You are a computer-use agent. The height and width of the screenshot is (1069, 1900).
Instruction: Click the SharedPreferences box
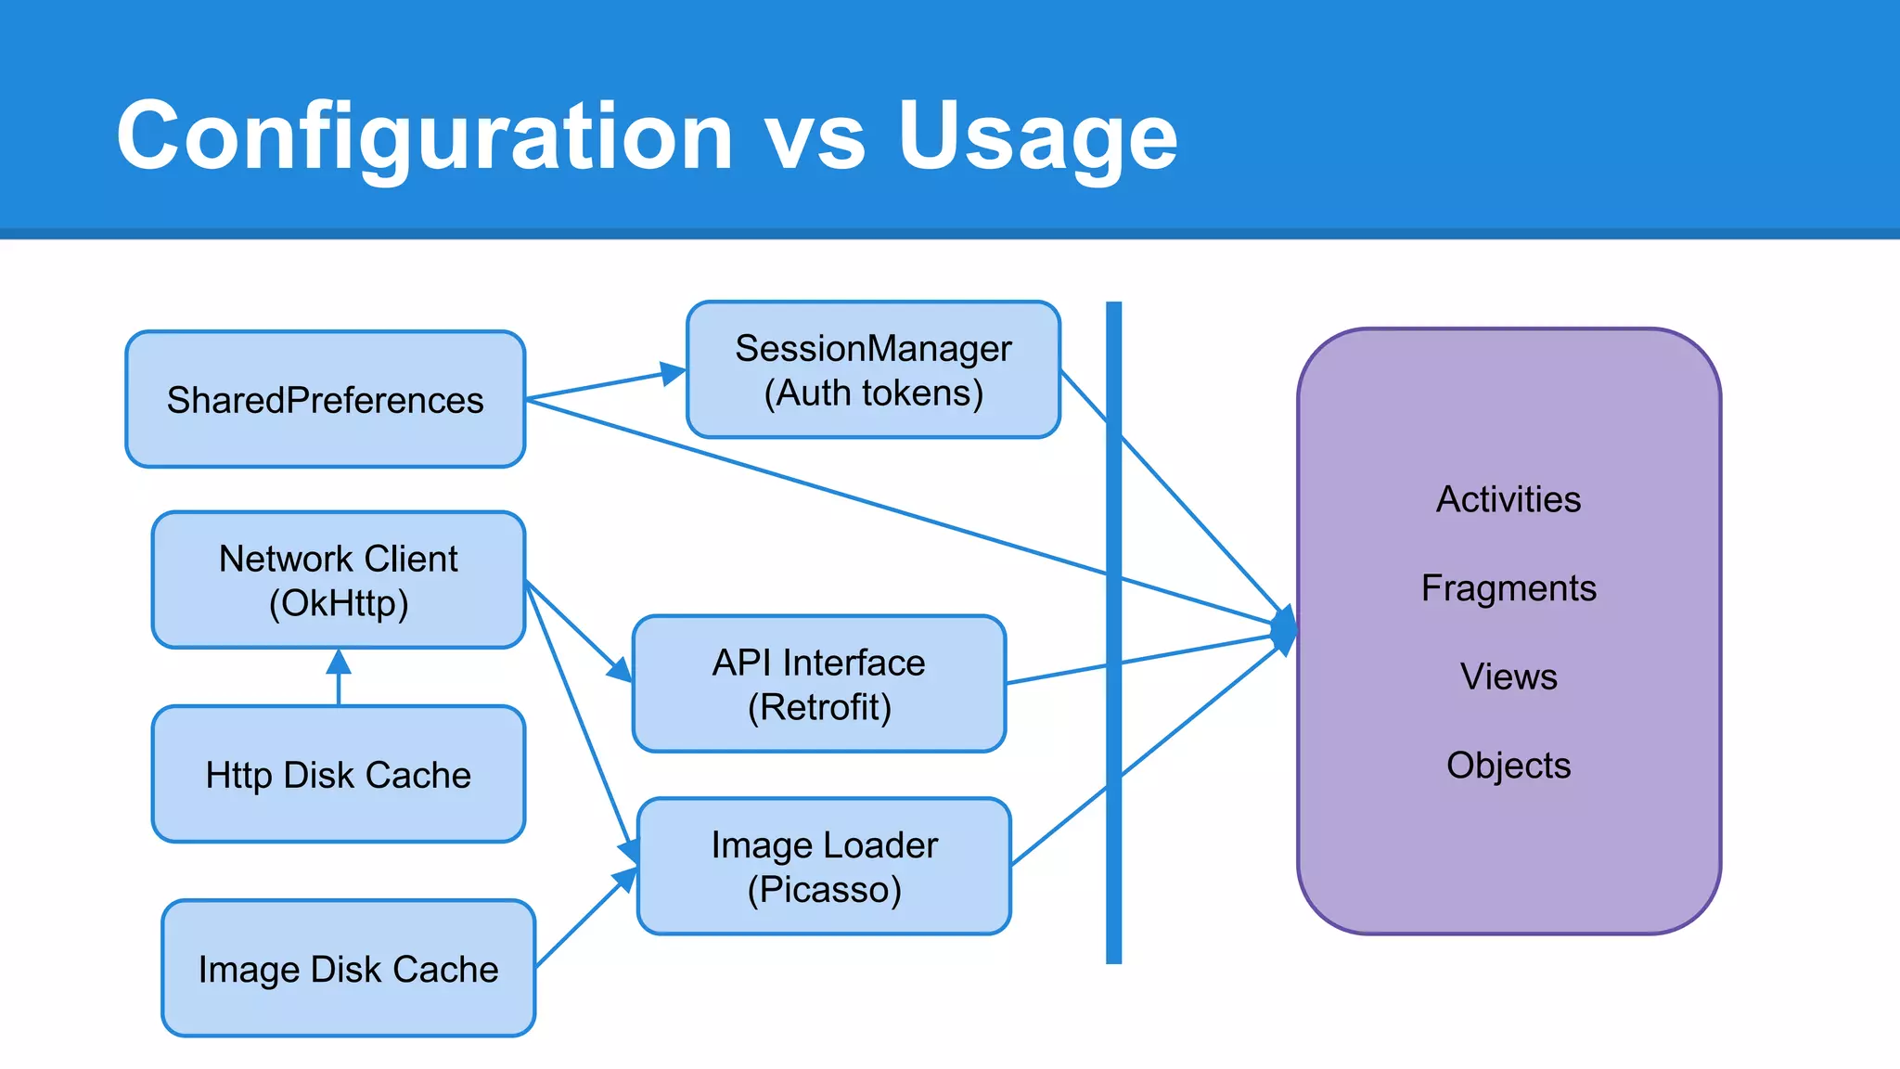point(325,399)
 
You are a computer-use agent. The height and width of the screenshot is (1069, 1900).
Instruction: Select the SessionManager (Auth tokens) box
point(873,369)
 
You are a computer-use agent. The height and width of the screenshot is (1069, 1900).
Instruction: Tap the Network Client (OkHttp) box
point(339,580)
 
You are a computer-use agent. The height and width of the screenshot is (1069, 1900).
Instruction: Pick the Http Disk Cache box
point(339,774)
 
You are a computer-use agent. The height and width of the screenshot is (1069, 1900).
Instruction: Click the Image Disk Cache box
point(348,968)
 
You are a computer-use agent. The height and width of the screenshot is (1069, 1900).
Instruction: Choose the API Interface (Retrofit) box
point(818,684)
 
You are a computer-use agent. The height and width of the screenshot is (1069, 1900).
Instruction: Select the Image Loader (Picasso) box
point(824,866)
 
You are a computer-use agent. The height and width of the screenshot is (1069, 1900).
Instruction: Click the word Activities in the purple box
point(1508,499)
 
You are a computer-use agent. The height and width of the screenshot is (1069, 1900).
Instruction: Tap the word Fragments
point(1508,587)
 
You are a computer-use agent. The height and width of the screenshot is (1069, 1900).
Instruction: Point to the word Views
point(1508,676)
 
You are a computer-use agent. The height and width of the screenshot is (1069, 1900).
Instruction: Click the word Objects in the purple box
point(1508,766)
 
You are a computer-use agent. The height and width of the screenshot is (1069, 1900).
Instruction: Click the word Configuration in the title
point(424,136)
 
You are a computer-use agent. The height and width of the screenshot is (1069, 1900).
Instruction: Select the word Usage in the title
point(1036,136)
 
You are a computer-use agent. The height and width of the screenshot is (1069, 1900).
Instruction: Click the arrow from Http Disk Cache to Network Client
point(339,682)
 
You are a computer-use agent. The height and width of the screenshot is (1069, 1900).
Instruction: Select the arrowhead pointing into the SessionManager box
point(673,373)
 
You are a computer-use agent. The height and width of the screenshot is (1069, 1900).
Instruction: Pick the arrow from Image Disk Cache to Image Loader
point(580,921)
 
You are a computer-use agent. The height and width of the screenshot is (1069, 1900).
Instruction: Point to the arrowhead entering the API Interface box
point(619,669)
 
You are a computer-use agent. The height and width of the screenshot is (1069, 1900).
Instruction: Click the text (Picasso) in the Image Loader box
point(824,889)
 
